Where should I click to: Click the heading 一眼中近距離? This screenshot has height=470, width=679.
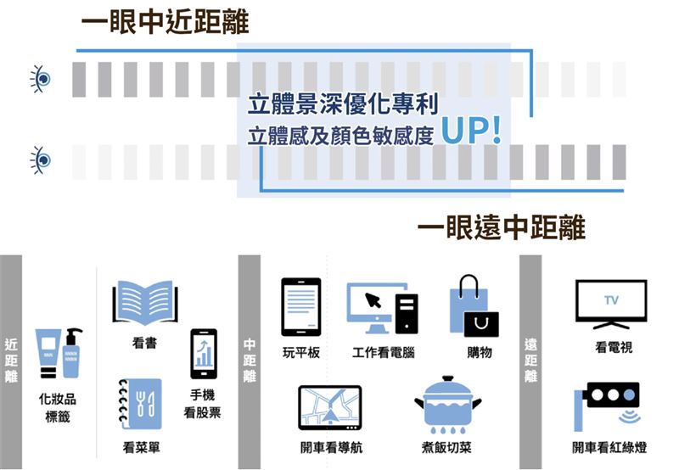pyautogui.click(x=165, y=23)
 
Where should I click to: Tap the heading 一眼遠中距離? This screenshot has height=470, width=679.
pyautogui.click(x=501, y=227)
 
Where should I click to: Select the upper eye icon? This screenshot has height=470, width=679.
pyautogui.click(x=40, y=79)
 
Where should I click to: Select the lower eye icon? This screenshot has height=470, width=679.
pyautogui.click(x=40, y=159)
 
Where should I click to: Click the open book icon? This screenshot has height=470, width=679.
pyautogui.click(x=145, y=303)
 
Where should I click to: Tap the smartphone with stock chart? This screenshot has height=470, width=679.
pyautogui.click(x=204, y=354)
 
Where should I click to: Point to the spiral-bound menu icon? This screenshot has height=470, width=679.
pyautogui.click(x=140, y=404)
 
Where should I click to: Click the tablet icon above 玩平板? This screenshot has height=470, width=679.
pyautogui.click(x=301, y=307)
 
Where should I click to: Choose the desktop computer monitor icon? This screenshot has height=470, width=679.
pyautogui.click(x=377, y=308)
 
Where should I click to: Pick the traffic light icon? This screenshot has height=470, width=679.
pyautogui.click(x=608, y=406)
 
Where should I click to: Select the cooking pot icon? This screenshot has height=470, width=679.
pyautogui.click(x=447, y=404)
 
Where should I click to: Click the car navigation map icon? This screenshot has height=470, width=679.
pyautogui.click(x=330, y=408)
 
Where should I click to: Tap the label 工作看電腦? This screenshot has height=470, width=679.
pyautogui.click(x=384, y=352)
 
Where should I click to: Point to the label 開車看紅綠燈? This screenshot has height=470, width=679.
pyautogui.click(x=609, y=447)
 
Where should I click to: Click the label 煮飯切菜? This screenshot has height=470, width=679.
pyautogui.click(x=446, y=447)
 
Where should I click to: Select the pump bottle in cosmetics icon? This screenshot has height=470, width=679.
pyautogui.click(x=72, y=353)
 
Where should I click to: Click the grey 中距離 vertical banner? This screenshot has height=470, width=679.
pyautogui.click(x=250, y=361)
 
